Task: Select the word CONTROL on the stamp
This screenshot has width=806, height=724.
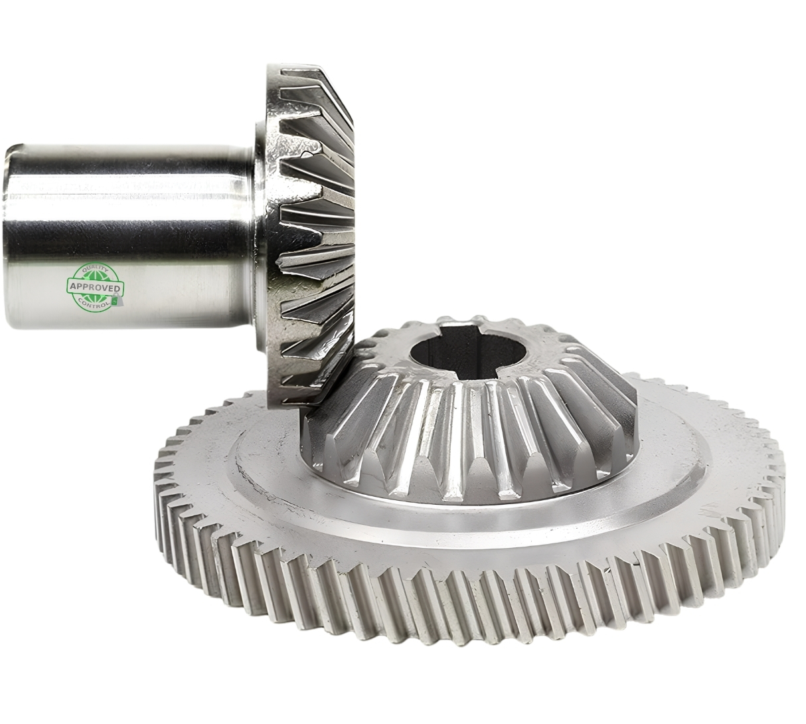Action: tap(94, 304)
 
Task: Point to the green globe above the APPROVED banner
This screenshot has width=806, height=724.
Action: tap(95, 276)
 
